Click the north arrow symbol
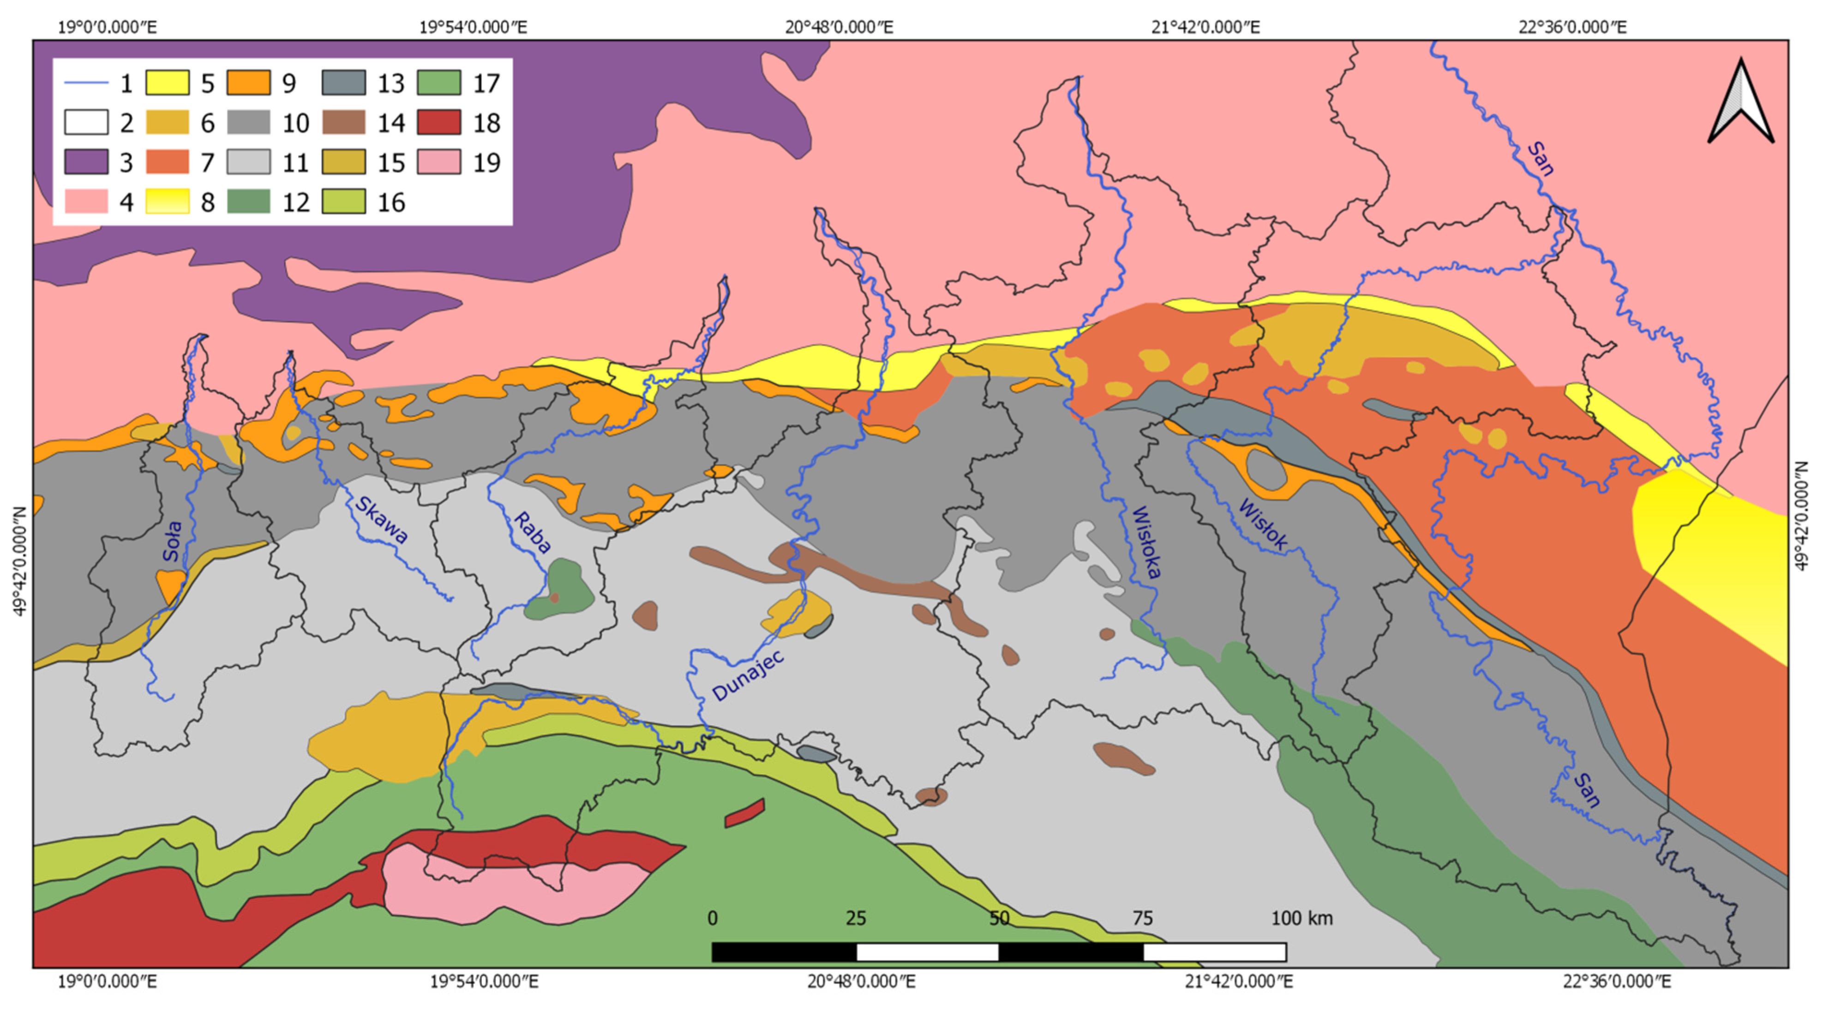click(1740, 102)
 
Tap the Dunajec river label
click(748, 676)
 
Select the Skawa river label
click(381, 519)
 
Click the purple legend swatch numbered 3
click(86, 162)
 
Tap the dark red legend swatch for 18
click(439, 122)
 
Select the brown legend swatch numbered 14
click(344, 122)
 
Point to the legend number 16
click(390, 203)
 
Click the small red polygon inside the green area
click(744, 812)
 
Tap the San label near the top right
click(1540, 159)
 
